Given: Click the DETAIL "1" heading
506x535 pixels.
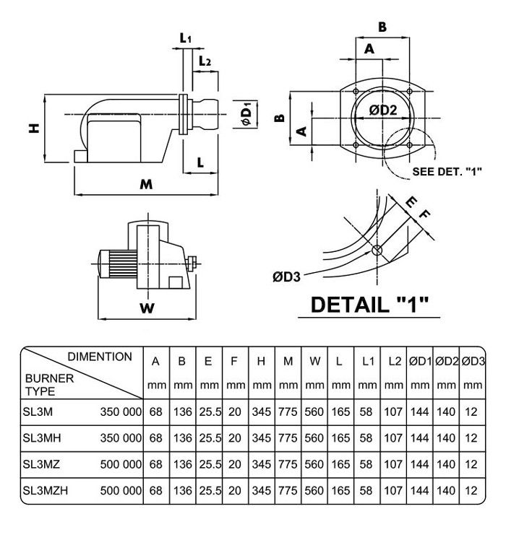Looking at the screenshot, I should (369, 303).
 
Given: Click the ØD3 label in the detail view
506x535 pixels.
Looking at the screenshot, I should (287, 274).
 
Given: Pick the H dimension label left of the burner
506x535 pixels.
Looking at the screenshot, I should (33, 129).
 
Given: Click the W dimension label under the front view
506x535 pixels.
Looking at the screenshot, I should (146, 308).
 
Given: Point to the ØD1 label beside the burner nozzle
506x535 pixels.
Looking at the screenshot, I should (246, 115).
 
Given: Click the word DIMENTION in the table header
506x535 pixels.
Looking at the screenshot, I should (100, 357).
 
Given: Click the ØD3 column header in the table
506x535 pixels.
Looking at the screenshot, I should (472, 360).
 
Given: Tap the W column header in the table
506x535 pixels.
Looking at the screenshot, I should (314, 360).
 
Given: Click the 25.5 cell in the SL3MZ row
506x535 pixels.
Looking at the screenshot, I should (208, 465).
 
